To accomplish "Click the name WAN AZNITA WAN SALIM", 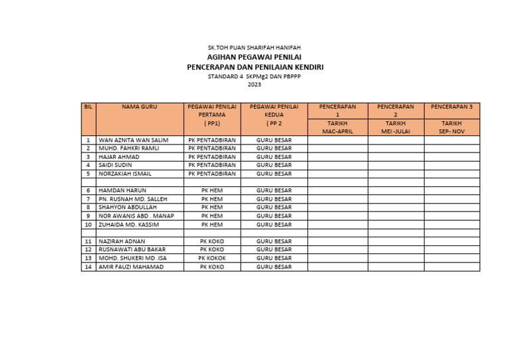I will tap(133, 141).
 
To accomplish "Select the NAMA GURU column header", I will tap(139, 107).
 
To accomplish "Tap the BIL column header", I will tap(88, 107).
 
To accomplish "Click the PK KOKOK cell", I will tap(212, 259).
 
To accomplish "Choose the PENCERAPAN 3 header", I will tap(451, 107).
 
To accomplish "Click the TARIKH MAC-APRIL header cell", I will tap(337, 127).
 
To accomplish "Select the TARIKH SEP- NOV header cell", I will tap(451, 127).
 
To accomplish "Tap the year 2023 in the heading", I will tap(254, 85).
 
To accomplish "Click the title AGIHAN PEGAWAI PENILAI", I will tap(254, 58).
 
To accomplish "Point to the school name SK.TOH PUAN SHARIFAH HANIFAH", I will tap(254, 48).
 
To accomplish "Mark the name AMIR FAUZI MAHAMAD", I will tap(131, 267).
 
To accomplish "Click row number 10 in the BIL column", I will tap(88, 225).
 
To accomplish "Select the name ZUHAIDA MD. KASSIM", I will tap(129, 225).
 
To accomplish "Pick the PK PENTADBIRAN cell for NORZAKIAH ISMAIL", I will tap(212, 174).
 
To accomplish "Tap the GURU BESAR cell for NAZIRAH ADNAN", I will tap(274, 242).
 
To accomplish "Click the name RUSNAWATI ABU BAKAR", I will tap(132, 250).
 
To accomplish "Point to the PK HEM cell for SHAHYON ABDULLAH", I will tap(212, 208).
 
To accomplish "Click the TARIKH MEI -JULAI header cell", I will tap(396, 127).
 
